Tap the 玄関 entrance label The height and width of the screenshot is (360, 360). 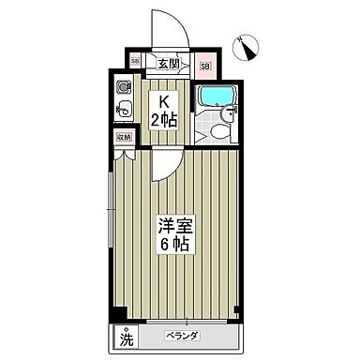(168, 64)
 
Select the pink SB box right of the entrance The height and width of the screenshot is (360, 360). (206, 66)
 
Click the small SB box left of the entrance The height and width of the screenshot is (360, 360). (136, 64)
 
